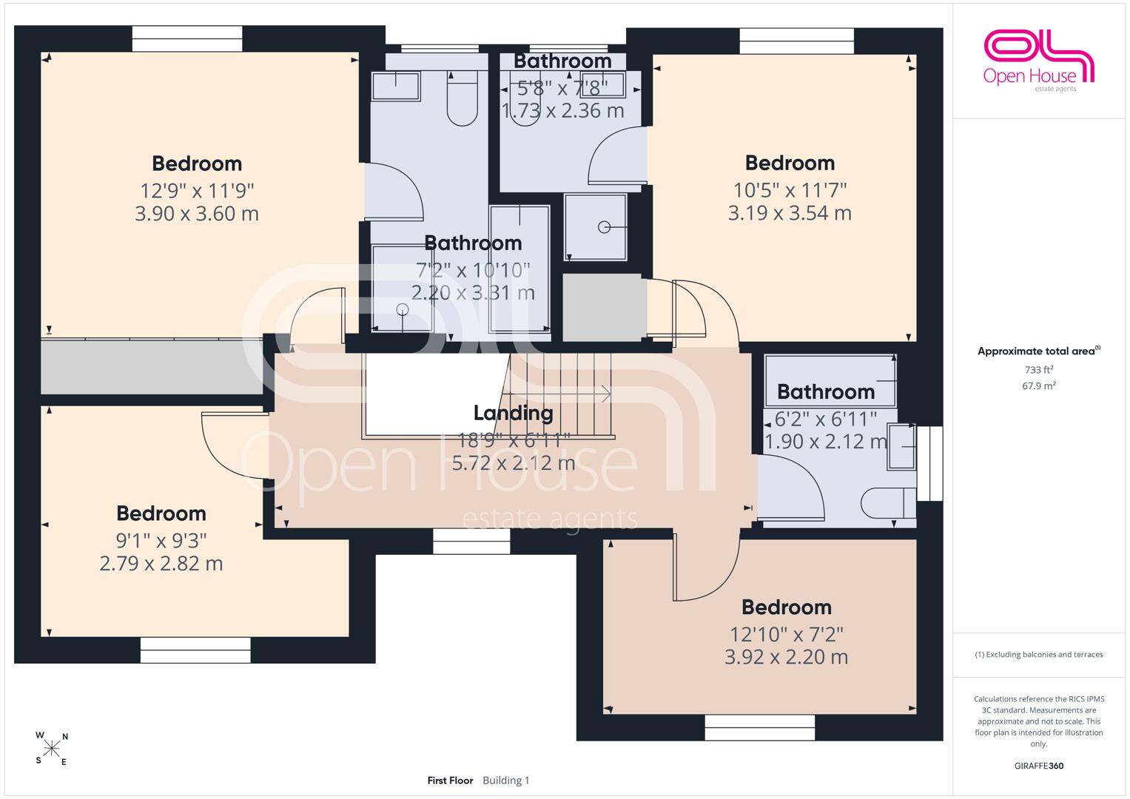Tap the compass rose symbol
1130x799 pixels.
(52, 749)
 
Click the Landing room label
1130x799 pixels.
(513, 413)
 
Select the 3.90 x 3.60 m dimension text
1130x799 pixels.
(197, 213)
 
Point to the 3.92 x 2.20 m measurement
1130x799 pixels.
(786, 657)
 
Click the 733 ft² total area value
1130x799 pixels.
(1039, 369)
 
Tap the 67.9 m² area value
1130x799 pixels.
(1039, 385)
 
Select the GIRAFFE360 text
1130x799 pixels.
(1039, 766)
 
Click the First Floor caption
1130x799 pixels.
(450, 781)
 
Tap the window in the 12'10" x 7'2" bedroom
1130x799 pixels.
(759, 727)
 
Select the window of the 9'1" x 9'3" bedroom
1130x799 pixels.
(195, 650)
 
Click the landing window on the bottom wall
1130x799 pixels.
(471, 542)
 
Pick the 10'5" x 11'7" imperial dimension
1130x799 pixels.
(790, 190)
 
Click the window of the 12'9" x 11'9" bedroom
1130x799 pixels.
(187, 38)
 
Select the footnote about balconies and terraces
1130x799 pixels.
(1039, 654)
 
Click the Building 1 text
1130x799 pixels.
(506, 781)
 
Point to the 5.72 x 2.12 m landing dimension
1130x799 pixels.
(513, 463)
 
